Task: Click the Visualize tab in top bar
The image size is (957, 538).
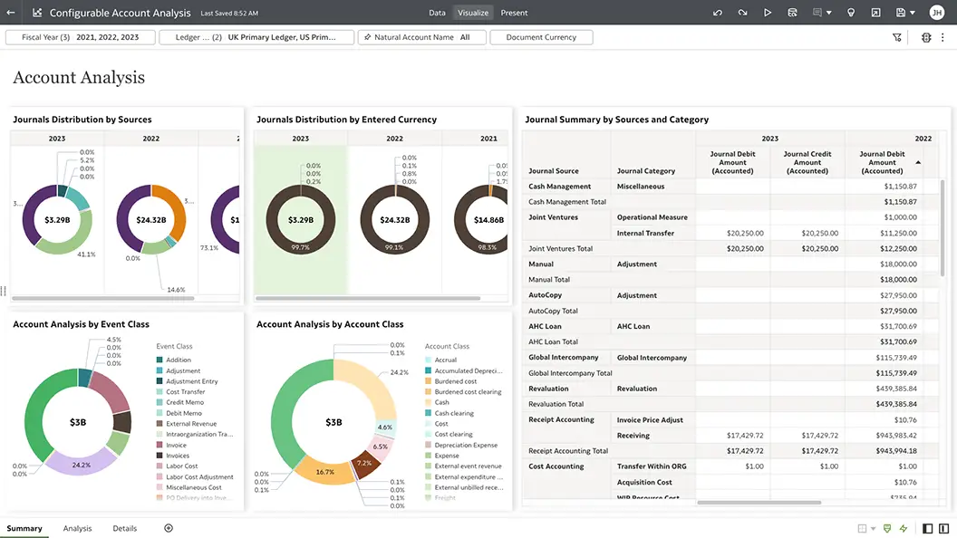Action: point(473,13)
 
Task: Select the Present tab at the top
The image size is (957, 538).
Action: point(514,13)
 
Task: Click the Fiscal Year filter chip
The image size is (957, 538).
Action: point(80,37)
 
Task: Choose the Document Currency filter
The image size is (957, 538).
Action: point(541,37)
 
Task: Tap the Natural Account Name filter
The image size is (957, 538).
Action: point(421,37)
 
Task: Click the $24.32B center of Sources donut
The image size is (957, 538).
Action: point(150,220)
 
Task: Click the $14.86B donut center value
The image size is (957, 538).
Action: point(488,220)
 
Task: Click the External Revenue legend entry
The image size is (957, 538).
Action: point(190,424)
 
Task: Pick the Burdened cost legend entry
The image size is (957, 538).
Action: point(455,381)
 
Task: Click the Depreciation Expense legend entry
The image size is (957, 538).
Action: point(465,445)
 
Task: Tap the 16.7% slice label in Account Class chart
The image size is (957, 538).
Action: point(325,473)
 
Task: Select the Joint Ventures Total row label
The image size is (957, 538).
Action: point(560,248)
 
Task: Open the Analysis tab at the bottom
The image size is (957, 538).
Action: point(77,528)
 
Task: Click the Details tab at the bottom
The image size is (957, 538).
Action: point(124,528)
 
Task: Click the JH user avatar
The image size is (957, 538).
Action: point(936,13)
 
